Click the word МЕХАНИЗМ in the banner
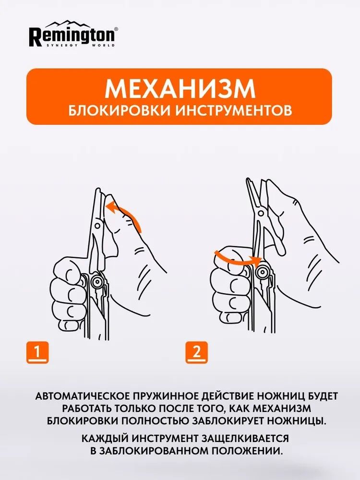click(180, 89)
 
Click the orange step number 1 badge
click(36, 352)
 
